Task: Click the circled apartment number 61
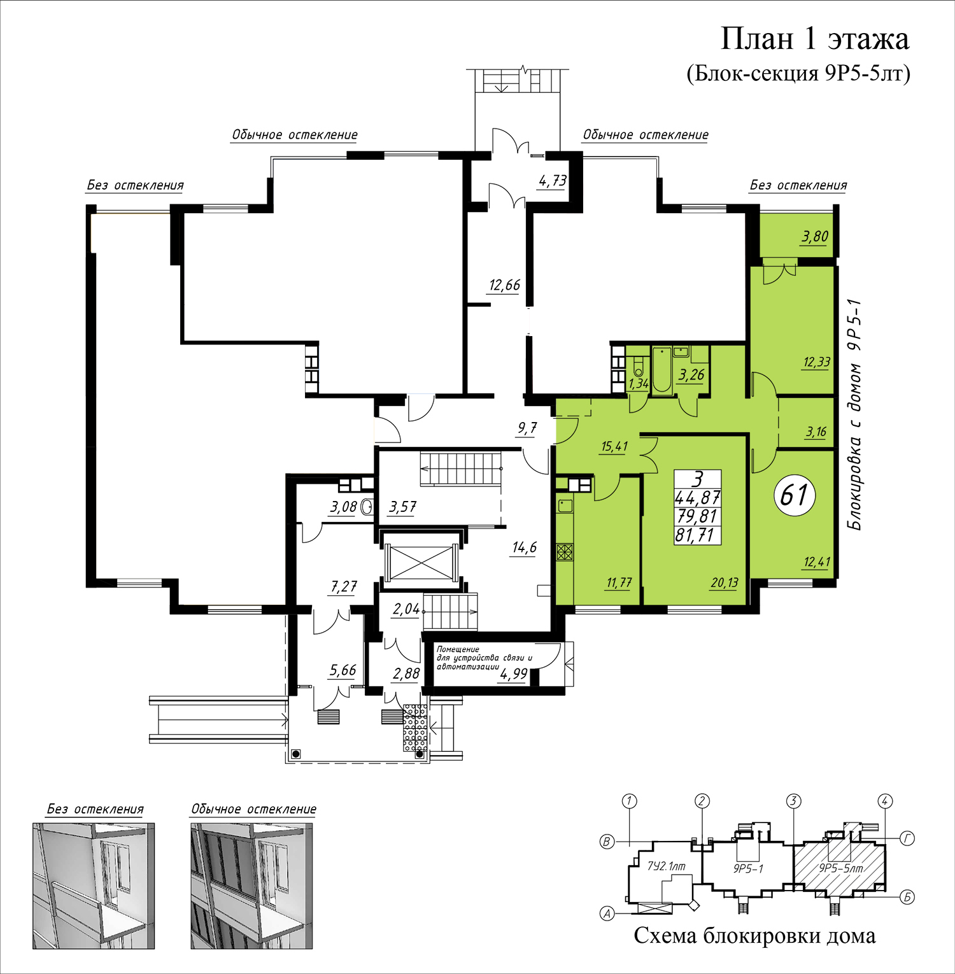[795, 495]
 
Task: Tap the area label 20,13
[725, 582]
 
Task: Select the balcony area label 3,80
[815, 237]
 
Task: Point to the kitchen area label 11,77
[619, 582]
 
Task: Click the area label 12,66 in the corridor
[504, 285]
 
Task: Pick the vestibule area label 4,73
[553, 181]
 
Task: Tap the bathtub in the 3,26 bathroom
[662, 369]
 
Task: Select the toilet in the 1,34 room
[638, 367]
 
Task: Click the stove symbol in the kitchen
[565, 551]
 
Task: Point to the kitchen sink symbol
[565, 506]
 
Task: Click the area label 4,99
[513, 674]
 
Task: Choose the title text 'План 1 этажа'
[814, 39]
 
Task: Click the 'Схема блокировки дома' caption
[754, 936]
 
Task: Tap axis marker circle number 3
[793, 801]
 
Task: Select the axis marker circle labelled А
[608, 914]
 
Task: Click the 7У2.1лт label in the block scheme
[666, 866]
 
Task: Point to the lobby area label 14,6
[525, 547]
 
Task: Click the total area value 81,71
[697, 535]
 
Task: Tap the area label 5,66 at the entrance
[343, 670]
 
